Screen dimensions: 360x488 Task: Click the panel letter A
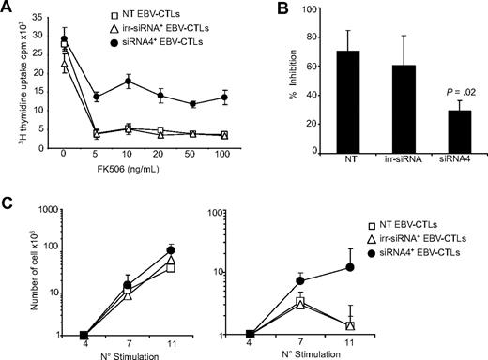point(8,8)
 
